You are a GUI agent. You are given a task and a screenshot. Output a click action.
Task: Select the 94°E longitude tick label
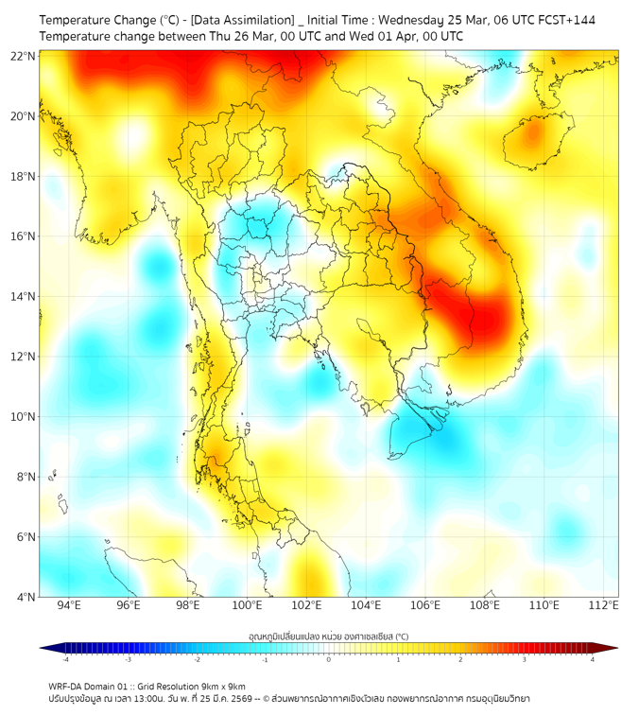[69, 606]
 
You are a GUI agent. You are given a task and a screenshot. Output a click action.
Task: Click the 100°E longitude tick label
[248, 606]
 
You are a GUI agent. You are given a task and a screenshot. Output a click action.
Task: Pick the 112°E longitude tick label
[604, 606]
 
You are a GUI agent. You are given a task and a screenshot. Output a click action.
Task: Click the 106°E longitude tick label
[425, 606]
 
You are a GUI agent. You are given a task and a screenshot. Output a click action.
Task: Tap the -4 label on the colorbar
[64, 659]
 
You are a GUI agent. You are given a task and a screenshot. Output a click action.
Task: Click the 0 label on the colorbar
[329, 659]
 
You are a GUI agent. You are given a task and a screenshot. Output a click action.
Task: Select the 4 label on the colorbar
[593, 659]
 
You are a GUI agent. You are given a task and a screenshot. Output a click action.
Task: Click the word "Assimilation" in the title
[256, 20]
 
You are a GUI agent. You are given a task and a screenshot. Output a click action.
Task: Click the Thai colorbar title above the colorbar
[328, 636]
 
